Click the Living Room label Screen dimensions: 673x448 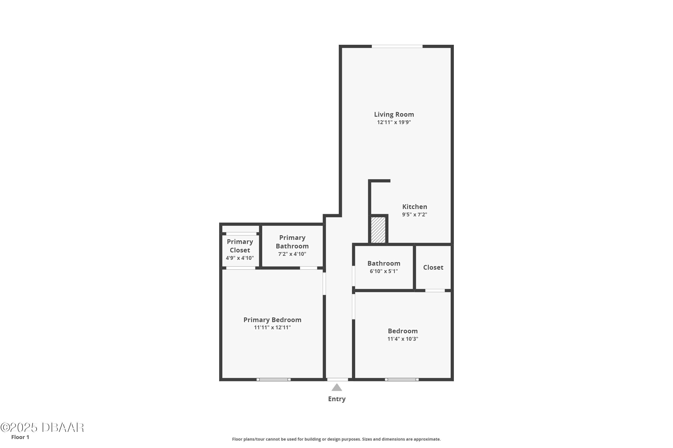tap(394, 114)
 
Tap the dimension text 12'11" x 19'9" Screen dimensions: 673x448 tap(394, 122)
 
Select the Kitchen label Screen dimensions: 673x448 tap(415, 207)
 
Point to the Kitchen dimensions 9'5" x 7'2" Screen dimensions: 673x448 tap(415, 215)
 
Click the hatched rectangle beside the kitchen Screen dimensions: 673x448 tap(378, 230)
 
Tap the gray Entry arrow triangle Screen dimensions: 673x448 tap(337, 388)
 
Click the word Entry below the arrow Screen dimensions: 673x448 tap(337, 399)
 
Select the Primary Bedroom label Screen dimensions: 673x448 tap(272, 320)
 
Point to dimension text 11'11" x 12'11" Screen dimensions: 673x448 tap(272, 327)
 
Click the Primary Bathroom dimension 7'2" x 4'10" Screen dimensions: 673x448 tap(292, 254)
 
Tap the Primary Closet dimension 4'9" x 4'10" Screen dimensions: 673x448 tap(240, 258)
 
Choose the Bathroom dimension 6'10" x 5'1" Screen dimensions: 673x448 tap(384, 271)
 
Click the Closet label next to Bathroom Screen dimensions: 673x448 tap(433, 267)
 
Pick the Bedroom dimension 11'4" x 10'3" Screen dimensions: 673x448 tap(403, 339)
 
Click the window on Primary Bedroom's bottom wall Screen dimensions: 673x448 tap(273, 379)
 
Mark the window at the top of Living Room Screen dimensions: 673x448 tap(397, 46)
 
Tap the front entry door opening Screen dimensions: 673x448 tap(338, 379)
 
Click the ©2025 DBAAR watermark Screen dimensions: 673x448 tap(42, 428)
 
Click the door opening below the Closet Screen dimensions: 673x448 tap(435, 291)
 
